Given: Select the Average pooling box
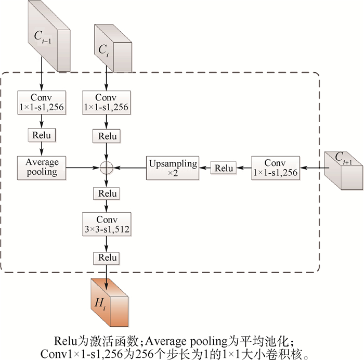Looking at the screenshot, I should [42, 167].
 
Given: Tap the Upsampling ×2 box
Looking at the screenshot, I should [172, 168].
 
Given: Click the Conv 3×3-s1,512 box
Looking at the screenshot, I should [107, 224].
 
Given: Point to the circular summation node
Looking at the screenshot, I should [107, 168].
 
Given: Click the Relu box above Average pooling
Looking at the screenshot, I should [42, 136].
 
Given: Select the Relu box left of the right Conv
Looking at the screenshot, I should [224, 168].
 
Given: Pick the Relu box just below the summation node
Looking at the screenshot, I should [107, 194].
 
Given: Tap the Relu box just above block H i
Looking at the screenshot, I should [107, 258].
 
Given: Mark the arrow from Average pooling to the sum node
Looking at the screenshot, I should [83, 168].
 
